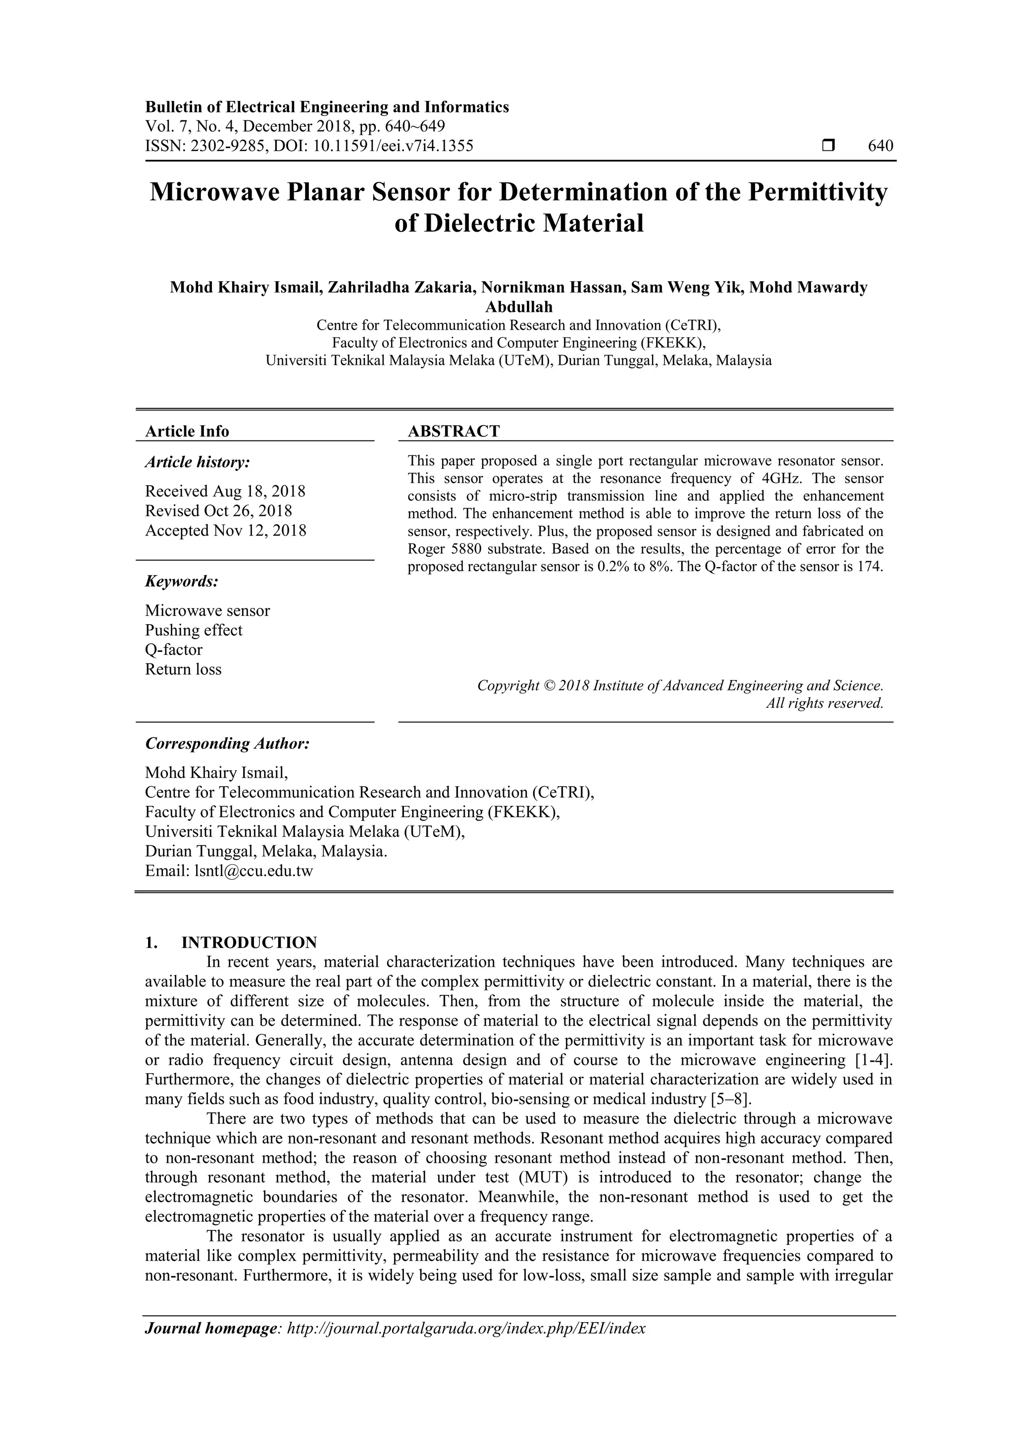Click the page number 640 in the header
tap(880, 146)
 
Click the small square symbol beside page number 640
tap(828, 146)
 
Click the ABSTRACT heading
tap(454, 431)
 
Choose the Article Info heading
tap(187, 431)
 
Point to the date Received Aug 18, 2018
tap(225, 491)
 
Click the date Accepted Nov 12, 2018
tap(226, 530)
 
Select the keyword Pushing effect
tap(194, 630)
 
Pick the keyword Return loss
tap(183, 670)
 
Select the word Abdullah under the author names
tap(518, 307)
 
